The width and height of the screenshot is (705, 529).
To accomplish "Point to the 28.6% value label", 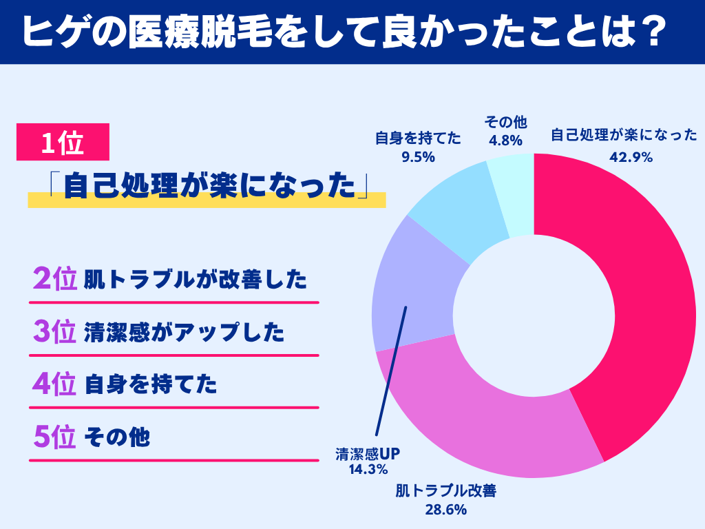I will pyautogui.click(x=446, y=510).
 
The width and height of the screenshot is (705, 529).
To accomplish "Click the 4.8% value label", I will pyautogui.click(x=505, y=141).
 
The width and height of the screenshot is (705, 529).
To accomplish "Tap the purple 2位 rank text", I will pyautogui.click(x=54, y=280).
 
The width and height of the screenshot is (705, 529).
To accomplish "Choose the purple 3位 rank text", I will pyautogui.click(x=54, y=332).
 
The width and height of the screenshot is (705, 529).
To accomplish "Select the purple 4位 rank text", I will pyautogui.click(x=54, y=384).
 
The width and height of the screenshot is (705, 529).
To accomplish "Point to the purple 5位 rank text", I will pyautogui.click(x=54, y=437).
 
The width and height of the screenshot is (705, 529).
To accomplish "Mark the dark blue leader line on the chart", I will pyautogui.click(x=391, y=372).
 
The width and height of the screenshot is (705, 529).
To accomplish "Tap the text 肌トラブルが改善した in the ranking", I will pyautogui.click(x=195, y=280).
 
